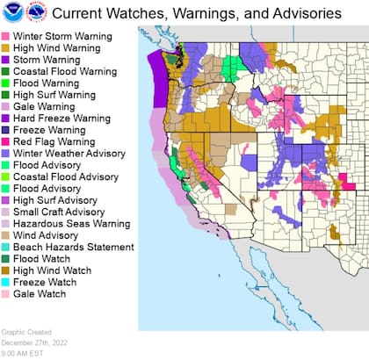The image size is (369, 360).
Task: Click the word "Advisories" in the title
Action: (x=298, y=14)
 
